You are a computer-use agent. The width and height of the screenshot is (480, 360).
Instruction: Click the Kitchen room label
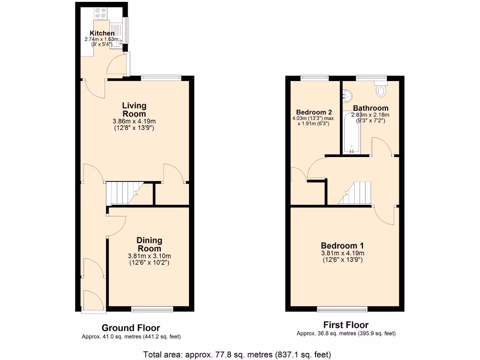click(102, 33)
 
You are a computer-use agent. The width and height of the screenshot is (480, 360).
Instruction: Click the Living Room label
click(134, 110)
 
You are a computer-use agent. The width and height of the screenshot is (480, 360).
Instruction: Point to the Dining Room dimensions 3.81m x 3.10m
click(149, 256)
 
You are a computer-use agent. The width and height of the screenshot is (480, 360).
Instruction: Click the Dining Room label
click(149, 245)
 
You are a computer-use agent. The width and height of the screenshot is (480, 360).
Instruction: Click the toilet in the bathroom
click(380, 89)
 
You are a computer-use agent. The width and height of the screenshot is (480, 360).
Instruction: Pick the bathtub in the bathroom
click(352, 133)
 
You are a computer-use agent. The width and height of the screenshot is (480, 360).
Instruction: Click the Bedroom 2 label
click(314, 112)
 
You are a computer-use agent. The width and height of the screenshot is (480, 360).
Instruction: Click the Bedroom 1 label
click(342, 246)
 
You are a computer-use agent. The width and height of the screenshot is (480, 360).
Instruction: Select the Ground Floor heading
click(131, 328)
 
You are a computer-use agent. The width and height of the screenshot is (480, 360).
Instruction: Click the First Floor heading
click(346, 324)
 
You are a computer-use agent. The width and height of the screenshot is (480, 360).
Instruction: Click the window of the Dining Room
click(152, 309)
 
